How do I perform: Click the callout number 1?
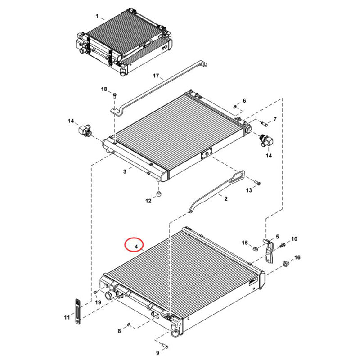tap(97, 16)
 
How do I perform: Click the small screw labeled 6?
tap(235, 107)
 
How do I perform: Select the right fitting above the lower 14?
tap(265, 141)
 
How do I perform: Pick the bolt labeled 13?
tap(257, 183)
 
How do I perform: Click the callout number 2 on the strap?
tap(225, 198)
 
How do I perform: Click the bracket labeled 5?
tap(269, 250)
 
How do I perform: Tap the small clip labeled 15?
tap(255, 247)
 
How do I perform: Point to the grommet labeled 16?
tap(285, 263)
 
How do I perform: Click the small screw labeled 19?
tap(95, 292)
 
